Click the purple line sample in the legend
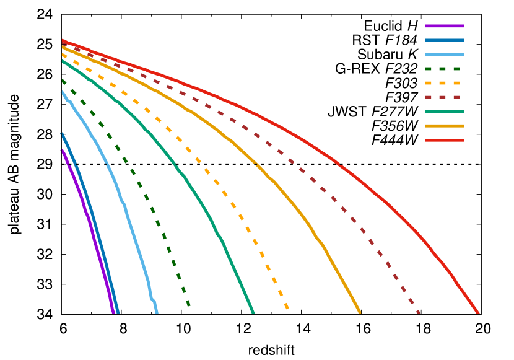444,26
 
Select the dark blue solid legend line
444,40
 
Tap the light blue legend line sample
444,55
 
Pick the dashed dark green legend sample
444,69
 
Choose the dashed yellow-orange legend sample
444,83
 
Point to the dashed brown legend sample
444,97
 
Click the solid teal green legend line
444,112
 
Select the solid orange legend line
444,126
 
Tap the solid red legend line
444,140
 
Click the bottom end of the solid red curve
478,313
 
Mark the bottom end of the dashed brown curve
419,312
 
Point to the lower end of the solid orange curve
360,313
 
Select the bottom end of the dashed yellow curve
287,308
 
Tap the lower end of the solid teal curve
253,312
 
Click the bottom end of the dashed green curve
189,305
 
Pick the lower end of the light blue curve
157,312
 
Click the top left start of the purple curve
62,150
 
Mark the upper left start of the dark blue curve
62,134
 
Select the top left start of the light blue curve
62,92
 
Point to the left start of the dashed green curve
62,80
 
